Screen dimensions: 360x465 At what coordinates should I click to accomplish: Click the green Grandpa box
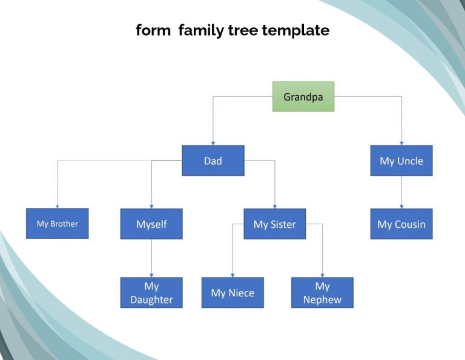point(303,96)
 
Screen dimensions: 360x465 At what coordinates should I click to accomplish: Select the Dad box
point(213,161)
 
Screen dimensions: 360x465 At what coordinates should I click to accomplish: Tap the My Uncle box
point(401,161)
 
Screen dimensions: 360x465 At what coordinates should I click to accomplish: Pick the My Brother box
point(58,224)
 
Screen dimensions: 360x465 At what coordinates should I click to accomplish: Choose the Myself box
point(151,224)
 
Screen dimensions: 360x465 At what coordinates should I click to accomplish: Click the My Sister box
point(275,224)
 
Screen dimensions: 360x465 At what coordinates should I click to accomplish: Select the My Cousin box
point(401,224)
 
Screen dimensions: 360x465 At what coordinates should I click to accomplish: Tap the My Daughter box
point(151,293)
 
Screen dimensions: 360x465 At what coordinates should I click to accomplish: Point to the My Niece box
point(232,293)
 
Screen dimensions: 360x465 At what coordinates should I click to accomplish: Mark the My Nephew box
point(322,293)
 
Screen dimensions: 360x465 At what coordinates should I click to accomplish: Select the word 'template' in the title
point(295,30)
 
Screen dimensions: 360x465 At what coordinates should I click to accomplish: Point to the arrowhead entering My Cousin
point(401,207)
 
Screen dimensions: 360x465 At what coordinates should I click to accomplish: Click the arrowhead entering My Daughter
point(151,275)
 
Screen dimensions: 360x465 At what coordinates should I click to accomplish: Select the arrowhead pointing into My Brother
point(58,206)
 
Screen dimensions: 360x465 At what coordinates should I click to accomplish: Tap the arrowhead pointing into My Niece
point(232,275)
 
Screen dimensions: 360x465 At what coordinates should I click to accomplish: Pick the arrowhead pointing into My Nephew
point(322,275)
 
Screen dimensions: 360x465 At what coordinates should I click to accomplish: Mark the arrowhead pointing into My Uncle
point(401,143)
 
